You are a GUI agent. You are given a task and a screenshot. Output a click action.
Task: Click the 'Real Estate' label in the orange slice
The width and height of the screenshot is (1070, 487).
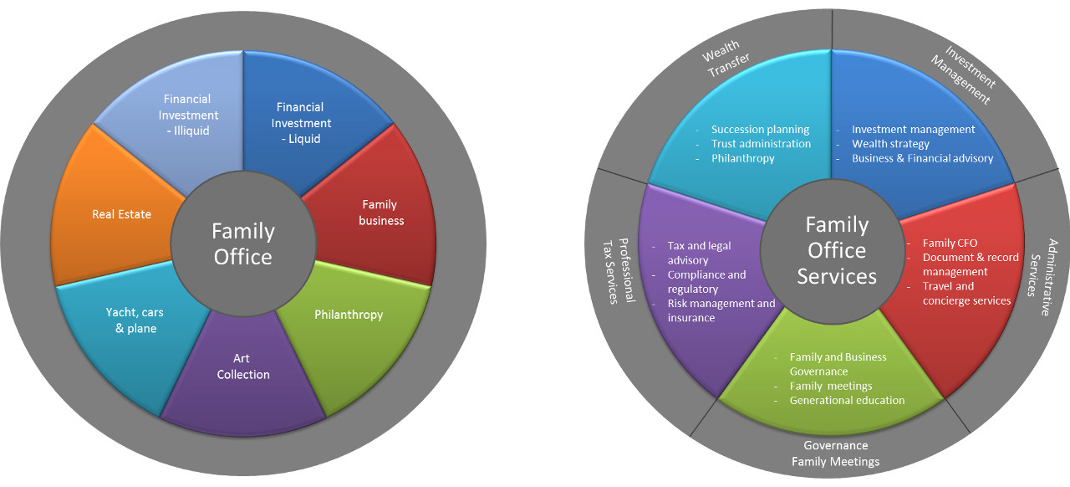122,214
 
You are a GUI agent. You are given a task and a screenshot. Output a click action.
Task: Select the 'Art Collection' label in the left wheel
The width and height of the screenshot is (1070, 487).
243,367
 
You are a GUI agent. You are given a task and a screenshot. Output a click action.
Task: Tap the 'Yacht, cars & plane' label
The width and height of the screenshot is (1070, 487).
135,320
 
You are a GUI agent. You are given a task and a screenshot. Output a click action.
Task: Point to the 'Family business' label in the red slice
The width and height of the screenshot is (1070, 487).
381,213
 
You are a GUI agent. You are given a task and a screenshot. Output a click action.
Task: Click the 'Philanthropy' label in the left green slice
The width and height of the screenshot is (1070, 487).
349,315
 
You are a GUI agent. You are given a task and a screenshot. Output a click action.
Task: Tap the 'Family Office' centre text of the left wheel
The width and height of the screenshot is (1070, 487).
243,243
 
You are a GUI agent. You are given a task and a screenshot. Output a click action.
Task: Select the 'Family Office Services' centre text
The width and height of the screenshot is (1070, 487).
837,250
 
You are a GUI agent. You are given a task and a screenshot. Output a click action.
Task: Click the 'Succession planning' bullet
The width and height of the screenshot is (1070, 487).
760,130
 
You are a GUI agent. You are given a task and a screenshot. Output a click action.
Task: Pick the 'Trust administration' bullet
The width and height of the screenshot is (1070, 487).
761,144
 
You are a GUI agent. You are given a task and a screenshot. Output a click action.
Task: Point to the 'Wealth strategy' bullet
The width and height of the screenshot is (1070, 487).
890,144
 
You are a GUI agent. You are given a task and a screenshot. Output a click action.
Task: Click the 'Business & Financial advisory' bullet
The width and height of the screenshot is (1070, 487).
922,158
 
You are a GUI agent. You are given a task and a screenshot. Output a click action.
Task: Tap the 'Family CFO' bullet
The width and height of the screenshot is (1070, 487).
950,243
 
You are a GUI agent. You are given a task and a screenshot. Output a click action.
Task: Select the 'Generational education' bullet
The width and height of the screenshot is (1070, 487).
847,400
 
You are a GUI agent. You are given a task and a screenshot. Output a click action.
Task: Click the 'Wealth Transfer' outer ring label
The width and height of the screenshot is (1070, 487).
723,63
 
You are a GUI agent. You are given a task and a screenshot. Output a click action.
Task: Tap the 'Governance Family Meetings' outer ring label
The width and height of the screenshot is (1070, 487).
835,454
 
